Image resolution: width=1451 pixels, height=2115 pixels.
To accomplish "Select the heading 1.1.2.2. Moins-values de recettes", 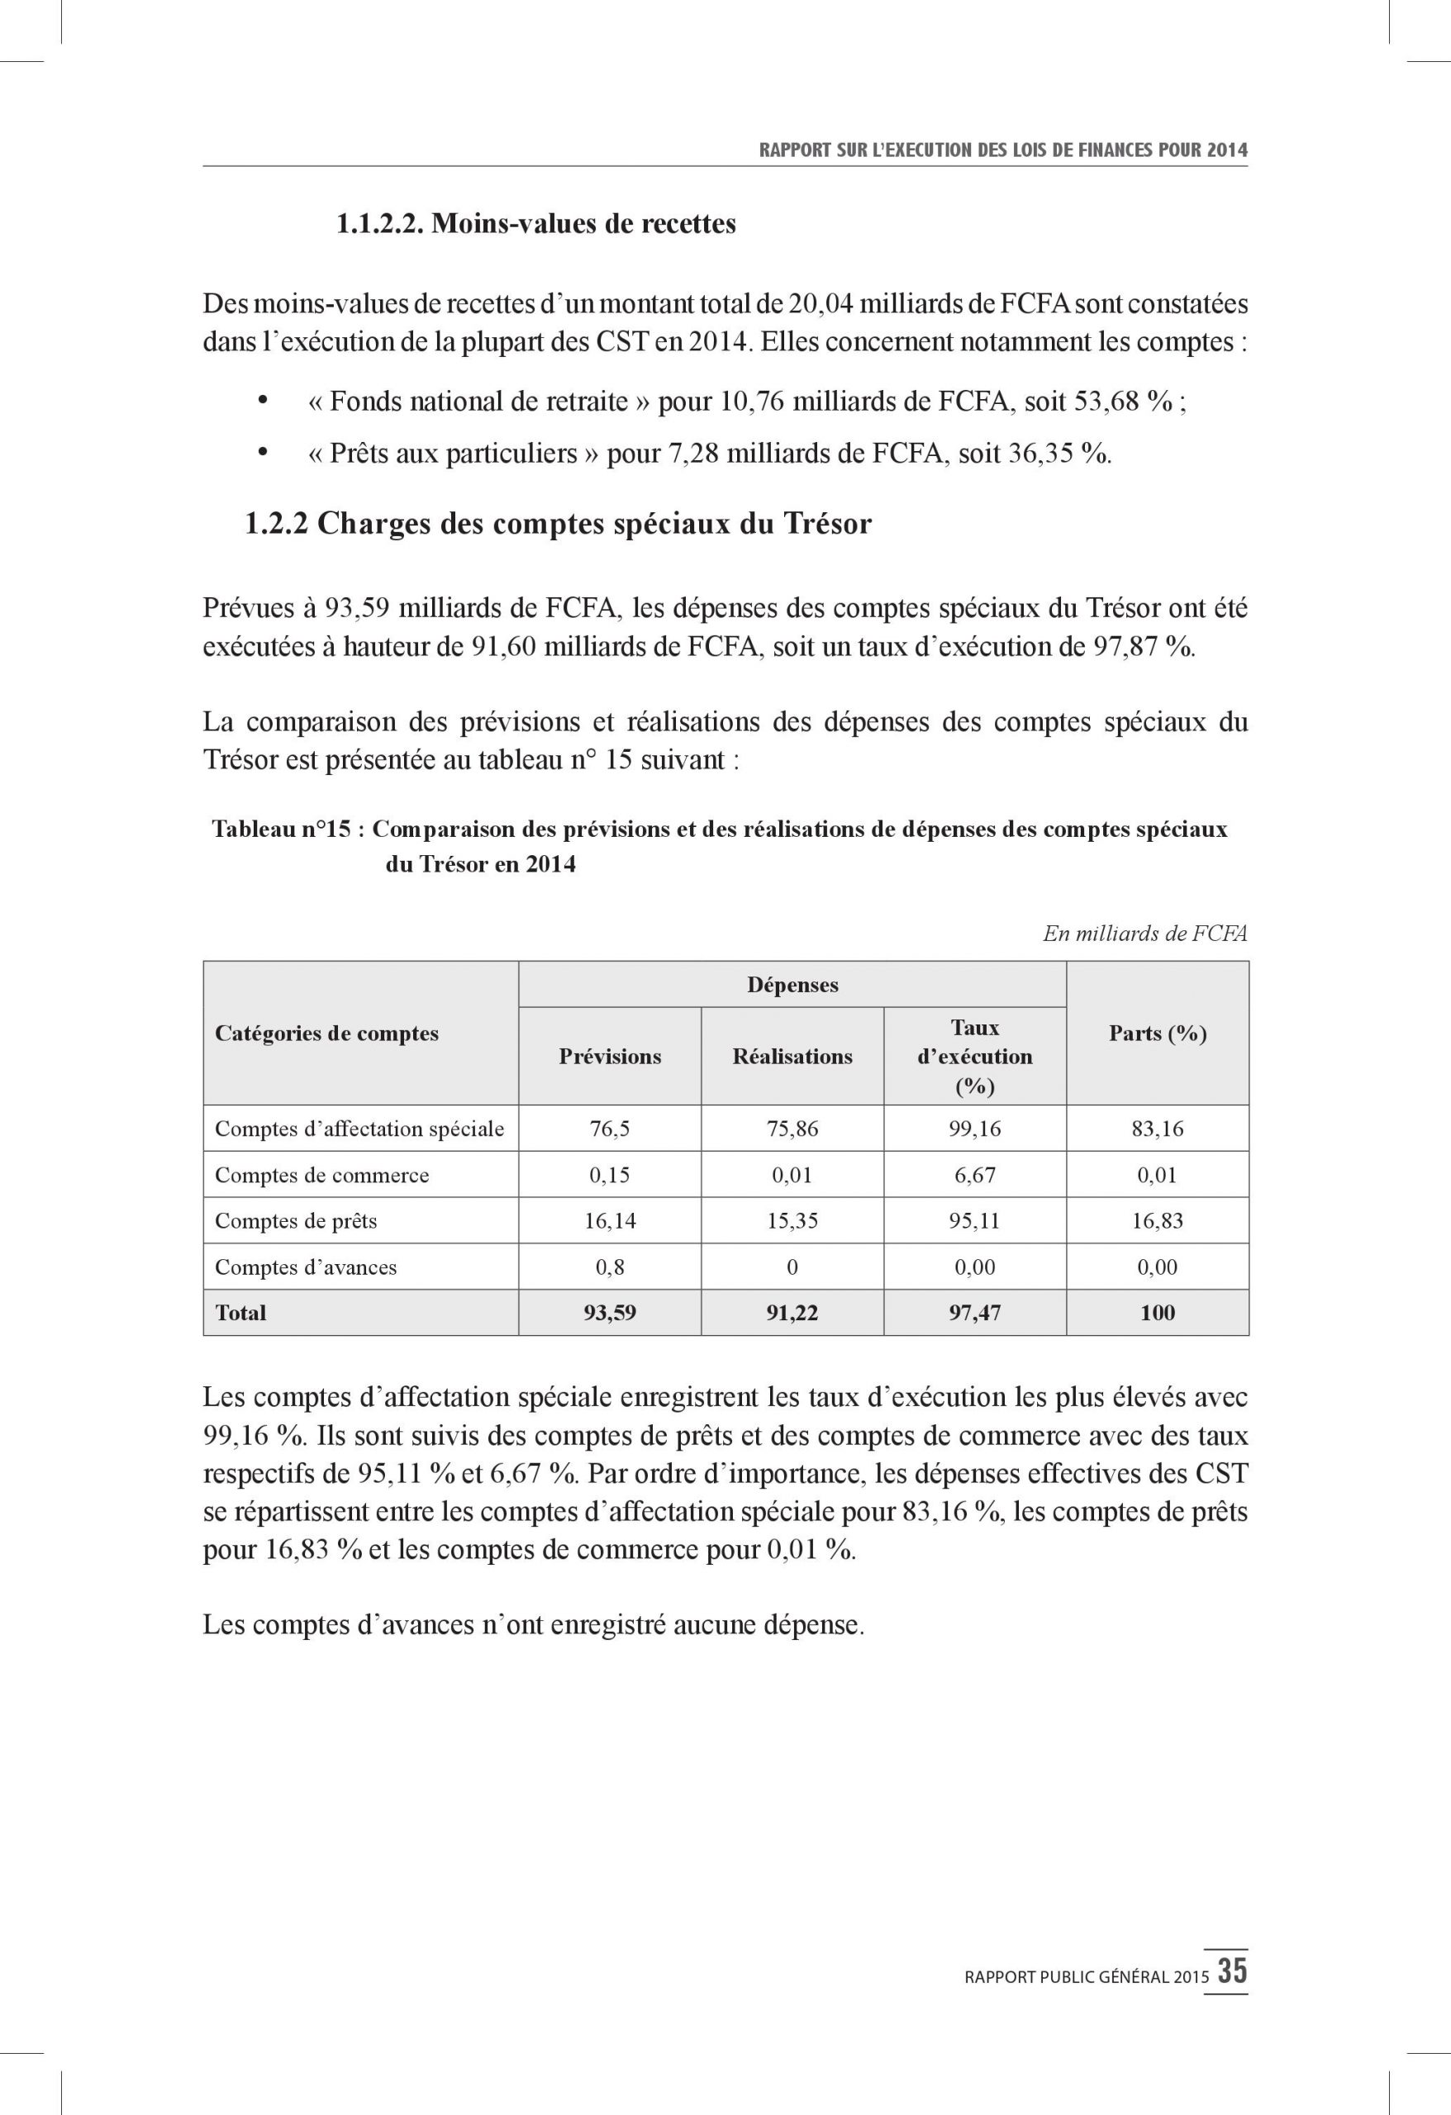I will tap(536, 224).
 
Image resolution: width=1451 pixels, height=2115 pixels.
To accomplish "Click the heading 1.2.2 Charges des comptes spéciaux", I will tap(558, 523).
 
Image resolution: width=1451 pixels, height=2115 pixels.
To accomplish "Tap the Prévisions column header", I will tap(610, 1056).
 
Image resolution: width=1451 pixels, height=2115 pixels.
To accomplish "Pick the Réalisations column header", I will tap(792, 1056).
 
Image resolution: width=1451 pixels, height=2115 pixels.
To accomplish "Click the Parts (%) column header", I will tap(1157, 1033).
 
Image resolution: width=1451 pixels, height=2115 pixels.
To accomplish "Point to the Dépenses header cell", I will tap(792, 985).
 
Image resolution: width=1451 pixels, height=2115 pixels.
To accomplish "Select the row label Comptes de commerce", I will tap(321, 1175).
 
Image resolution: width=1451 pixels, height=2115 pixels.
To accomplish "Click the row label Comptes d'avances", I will tap(306, 1267).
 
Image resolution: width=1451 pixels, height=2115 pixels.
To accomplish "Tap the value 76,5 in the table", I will tap(610, 1129).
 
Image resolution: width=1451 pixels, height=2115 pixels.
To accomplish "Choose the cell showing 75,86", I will tap(792, 1129).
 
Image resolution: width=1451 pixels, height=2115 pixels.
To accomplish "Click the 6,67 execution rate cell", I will tap(974, 1175).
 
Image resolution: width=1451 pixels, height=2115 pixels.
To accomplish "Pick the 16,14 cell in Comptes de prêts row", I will tap(610, 1221).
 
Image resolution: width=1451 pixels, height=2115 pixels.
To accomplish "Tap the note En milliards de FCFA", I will tap(1145, 934).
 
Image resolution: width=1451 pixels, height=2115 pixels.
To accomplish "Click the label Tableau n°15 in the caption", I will tap(281, 829).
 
